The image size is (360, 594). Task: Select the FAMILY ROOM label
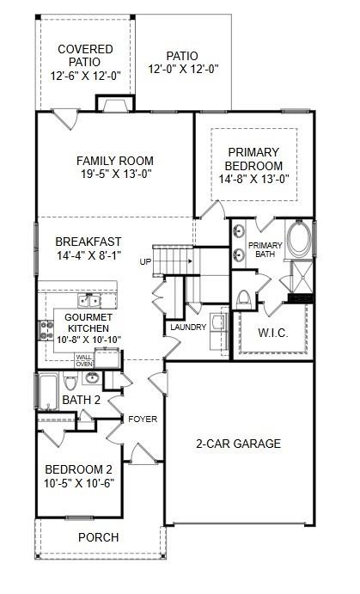pyautogui.click(x=114, y=161)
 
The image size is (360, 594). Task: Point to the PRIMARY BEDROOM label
pyautogui.click(x=253, y=159)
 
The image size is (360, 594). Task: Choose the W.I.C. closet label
pyautogui.click(x=272, y=333)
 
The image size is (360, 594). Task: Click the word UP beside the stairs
pyautogui.click(x=146, y=261)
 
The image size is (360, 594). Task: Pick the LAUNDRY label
pyautogui.click(x=187, y=328)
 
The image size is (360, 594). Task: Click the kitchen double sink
pyautogui.click(x=89, y=300)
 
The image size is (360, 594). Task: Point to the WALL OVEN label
pyautogui.click(x=84, y=360)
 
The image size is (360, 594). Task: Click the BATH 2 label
pyautogui.click(x=81, y=400)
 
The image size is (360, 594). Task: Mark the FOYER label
pyautogui.click(x=143, y=419)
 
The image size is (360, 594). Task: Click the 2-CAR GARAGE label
pyautogui.click(x=239, y=444)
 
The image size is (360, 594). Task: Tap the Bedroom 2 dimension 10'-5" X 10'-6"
pyautogui.click(x=79, y=483)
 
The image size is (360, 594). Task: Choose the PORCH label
pyautogui.click(x=98, y=537)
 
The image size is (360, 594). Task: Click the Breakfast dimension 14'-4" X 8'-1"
pyautogui.click(x=89, y=255)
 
